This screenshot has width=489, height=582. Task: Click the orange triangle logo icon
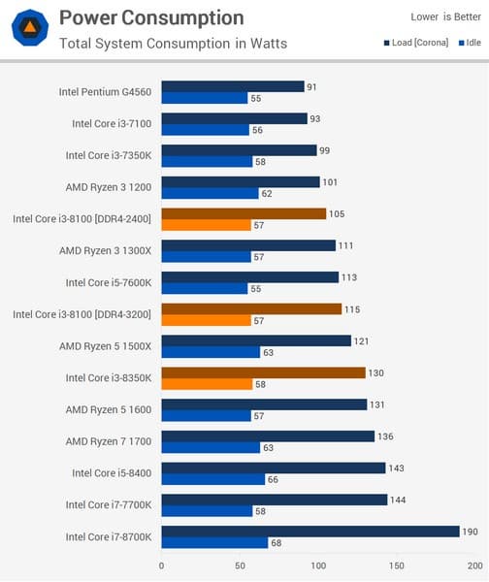pyautogui.click(x=31, y=29)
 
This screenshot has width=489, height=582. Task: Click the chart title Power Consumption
pyautogui.click(x=151, y=17)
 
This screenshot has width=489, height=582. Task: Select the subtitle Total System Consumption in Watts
pyautogui.click(x=173, y=43)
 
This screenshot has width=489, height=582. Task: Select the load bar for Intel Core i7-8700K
pyautogui.click(x=310, y=531)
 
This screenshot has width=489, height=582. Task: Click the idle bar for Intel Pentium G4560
pyautogui.click(x=205, y=98)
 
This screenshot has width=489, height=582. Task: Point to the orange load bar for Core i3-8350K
pyautogui.click(x=263, y=372)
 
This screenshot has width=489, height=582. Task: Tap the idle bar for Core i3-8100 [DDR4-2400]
pyautogui.click(x=206, y=225)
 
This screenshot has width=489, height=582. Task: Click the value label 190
pyautogui.click(x=472, y=531)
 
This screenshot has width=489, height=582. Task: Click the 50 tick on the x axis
pyautogui.click(x=240, y=565)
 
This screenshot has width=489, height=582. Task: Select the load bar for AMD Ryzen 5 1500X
pyautogui.click(x=256, y=340)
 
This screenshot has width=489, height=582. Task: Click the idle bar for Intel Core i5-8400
pyautogui.click(x=212, y=479)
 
